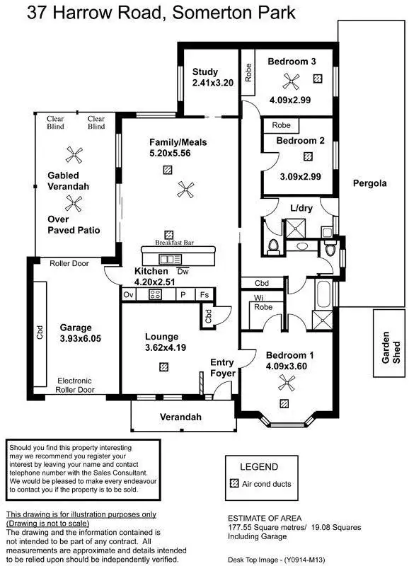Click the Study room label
click(x=206, y=72)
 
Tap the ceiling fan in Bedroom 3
click(x=289, y=81)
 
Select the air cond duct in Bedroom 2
click(x=307, y=156)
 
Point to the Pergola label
click(x=370, y=183)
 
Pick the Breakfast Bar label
click(x=175, y=243)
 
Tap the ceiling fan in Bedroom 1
click(x=287, y=383)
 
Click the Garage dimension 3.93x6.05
click(x=80, y=339)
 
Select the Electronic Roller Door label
click(x=75, y=385)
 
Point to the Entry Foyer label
click(x=222, y=368)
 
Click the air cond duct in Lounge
click(x=164, y=366)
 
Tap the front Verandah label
click(x=180, y=417)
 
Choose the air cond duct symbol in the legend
click(x=235, y=484)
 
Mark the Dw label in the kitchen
click(x=183, y=271)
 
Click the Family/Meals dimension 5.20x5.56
click(x=169, y=153)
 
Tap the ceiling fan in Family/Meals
click(x=185, y=187)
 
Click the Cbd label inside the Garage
click(x=40, y=333)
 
